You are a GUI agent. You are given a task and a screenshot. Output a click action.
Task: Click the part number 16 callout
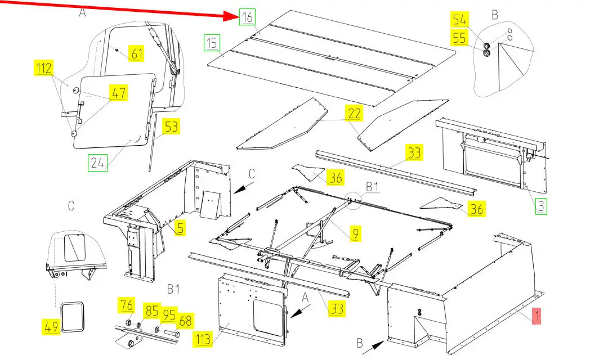(x=248, y=17)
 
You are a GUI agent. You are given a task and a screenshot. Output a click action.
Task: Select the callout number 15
(x=212, y=42)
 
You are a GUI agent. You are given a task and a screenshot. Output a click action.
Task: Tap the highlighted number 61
(x=137, y=54)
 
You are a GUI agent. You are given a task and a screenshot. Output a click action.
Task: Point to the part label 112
(x=44, y=69)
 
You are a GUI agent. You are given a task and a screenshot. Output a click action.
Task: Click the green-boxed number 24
(x=97, y=164)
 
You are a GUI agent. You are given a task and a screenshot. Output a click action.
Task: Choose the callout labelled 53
(x=172, y=127)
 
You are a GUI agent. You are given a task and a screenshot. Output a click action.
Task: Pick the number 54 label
(x=460, y=20)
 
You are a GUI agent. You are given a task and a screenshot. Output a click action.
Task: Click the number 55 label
(x=460, y=39)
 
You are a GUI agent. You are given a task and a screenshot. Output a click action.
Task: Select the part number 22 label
(x=354, y=113)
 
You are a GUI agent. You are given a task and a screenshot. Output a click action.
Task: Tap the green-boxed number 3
(x=540, y=206)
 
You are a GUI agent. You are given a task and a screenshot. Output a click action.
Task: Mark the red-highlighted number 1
(x=537, y=317)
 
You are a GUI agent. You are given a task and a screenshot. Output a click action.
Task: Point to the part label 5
(x=180, y=228)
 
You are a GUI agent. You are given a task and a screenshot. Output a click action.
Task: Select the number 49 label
(x=52, y=326)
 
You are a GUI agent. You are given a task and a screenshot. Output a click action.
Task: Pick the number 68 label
(x=185, y=320)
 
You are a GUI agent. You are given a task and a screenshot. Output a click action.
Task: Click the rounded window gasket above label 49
(x=71, y=317)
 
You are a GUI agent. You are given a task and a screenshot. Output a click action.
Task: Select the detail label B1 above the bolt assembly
(x=173, y=290)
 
